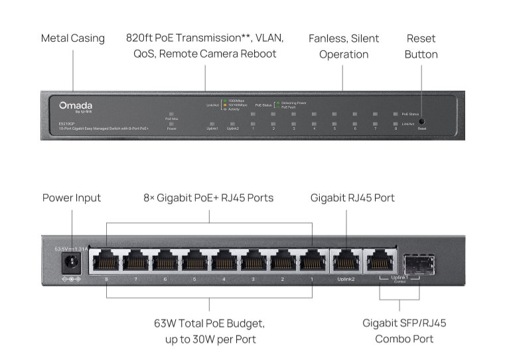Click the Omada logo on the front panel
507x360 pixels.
click(x=76, y=106)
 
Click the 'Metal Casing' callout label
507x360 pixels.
click(x=73, y=38)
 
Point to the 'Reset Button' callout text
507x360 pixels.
click(x=421, y=46)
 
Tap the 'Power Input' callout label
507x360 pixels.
click(x=72, y=198)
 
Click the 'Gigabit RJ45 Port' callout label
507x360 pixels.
click(x=353, y=198)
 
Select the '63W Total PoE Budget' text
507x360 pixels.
click(x=210, y=324)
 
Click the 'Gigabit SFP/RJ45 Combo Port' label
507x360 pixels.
click(x=404, y=331)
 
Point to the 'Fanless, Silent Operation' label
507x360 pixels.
click(x=344, y=46)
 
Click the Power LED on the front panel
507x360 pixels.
click(x=171, y=123)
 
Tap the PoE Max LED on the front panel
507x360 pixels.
click(x=171, y=114)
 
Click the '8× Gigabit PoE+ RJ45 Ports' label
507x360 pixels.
click(x=208, y=198)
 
